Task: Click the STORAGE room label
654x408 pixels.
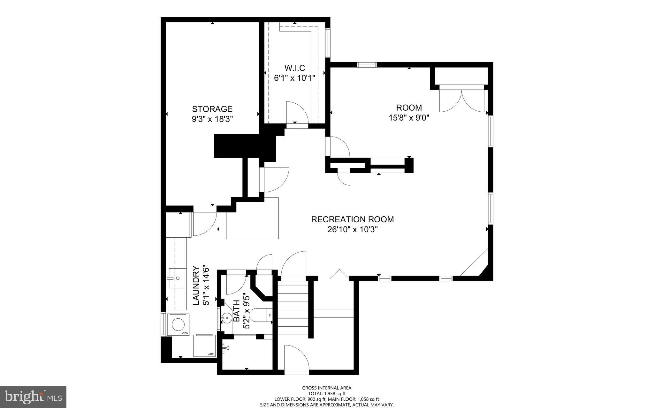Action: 212,109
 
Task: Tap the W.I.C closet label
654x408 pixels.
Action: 294,68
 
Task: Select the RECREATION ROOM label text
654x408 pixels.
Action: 352,219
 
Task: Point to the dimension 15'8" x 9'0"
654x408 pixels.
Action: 409,118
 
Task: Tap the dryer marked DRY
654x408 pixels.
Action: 204,345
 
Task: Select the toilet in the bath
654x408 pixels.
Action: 259,315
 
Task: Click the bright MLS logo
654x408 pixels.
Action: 33,397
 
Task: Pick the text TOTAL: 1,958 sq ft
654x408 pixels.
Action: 327,394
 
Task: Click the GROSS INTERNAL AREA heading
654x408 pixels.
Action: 327,388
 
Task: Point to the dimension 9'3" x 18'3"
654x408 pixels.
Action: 212,119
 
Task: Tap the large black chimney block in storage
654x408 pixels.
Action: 244,146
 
